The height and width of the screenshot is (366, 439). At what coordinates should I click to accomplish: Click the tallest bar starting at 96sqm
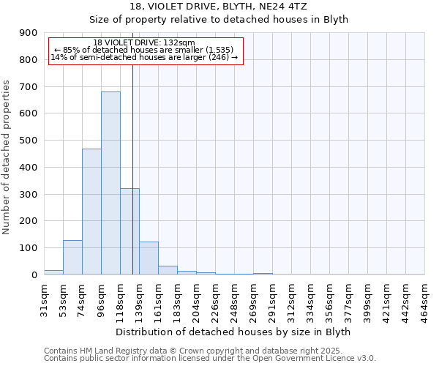pyautogui.click(x=110, y=183)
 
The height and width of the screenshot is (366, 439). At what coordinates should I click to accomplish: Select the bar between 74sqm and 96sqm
pyautogui.click(x=91, y=212)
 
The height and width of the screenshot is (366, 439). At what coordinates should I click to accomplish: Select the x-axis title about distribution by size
pyautogui.click(x=234, y=332)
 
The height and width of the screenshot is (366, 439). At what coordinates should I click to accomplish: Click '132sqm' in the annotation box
pyautogui.click(x=180, y=43)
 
